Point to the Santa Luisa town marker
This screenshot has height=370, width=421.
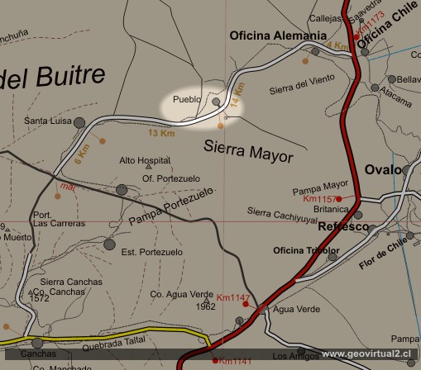[x=79, y=123]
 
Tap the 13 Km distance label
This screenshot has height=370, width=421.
[x=161, y=133]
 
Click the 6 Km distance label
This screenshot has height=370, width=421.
[x=80, y=154]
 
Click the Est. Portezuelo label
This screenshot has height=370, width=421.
[x=151, y=252]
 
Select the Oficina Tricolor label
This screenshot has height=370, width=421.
[x=305, y=249]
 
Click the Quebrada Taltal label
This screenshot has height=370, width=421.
[x=126, y=326]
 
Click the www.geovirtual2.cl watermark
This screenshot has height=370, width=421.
[x=369, y=353]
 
